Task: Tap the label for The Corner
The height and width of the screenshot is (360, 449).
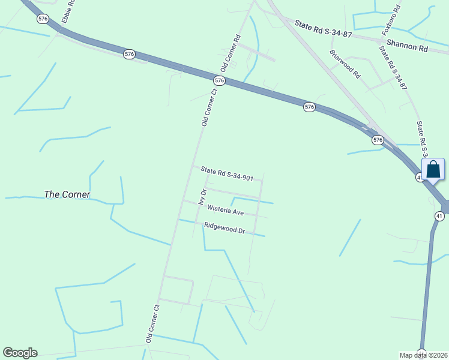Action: [x=67, y=195]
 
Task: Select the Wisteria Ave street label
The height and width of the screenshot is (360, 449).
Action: [x=225, y=211]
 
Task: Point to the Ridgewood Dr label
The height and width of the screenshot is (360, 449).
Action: [x=224, y=229]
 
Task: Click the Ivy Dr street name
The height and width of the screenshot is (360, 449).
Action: [x=203, y=197]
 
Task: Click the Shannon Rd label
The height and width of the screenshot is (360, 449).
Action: [x=407, y=44]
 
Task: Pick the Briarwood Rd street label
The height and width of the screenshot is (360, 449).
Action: [x=345, y=64]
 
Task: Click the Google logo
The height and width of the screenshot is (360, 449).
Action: [x=20, y=353]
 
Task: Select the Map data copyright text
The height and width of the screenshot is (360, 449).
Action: [x=424, y=355]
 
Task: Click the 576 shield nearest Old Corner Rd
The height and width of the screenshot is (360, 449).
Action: [x=219, y=80]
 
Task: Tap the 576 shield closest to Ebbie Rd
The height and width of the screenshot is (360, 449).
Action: [x=43, y=19]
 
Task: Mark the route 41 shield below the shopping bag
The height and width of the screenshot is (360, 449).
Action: [x=439, y=216]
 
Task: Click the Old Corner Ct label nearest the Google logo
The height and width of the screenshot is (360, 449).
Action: [x=153, y=324]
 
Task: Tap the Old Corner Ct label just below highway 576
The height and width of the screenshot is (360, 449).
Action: [x=208, y=108]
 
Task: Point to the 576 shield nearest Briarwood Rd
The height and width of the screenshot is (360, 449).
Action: [x=309, y=107]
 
